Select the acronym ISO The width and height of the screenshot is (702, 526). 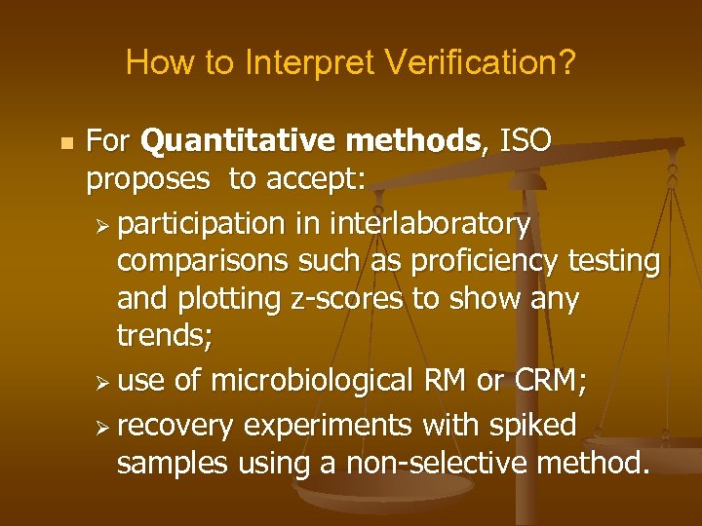point(526,142)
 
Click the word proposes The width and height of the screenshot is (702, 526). point(147,179)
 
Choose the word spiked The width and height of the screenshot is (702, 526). point(535,426)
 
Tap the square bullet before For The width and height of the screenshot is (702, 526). point(66,143)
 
